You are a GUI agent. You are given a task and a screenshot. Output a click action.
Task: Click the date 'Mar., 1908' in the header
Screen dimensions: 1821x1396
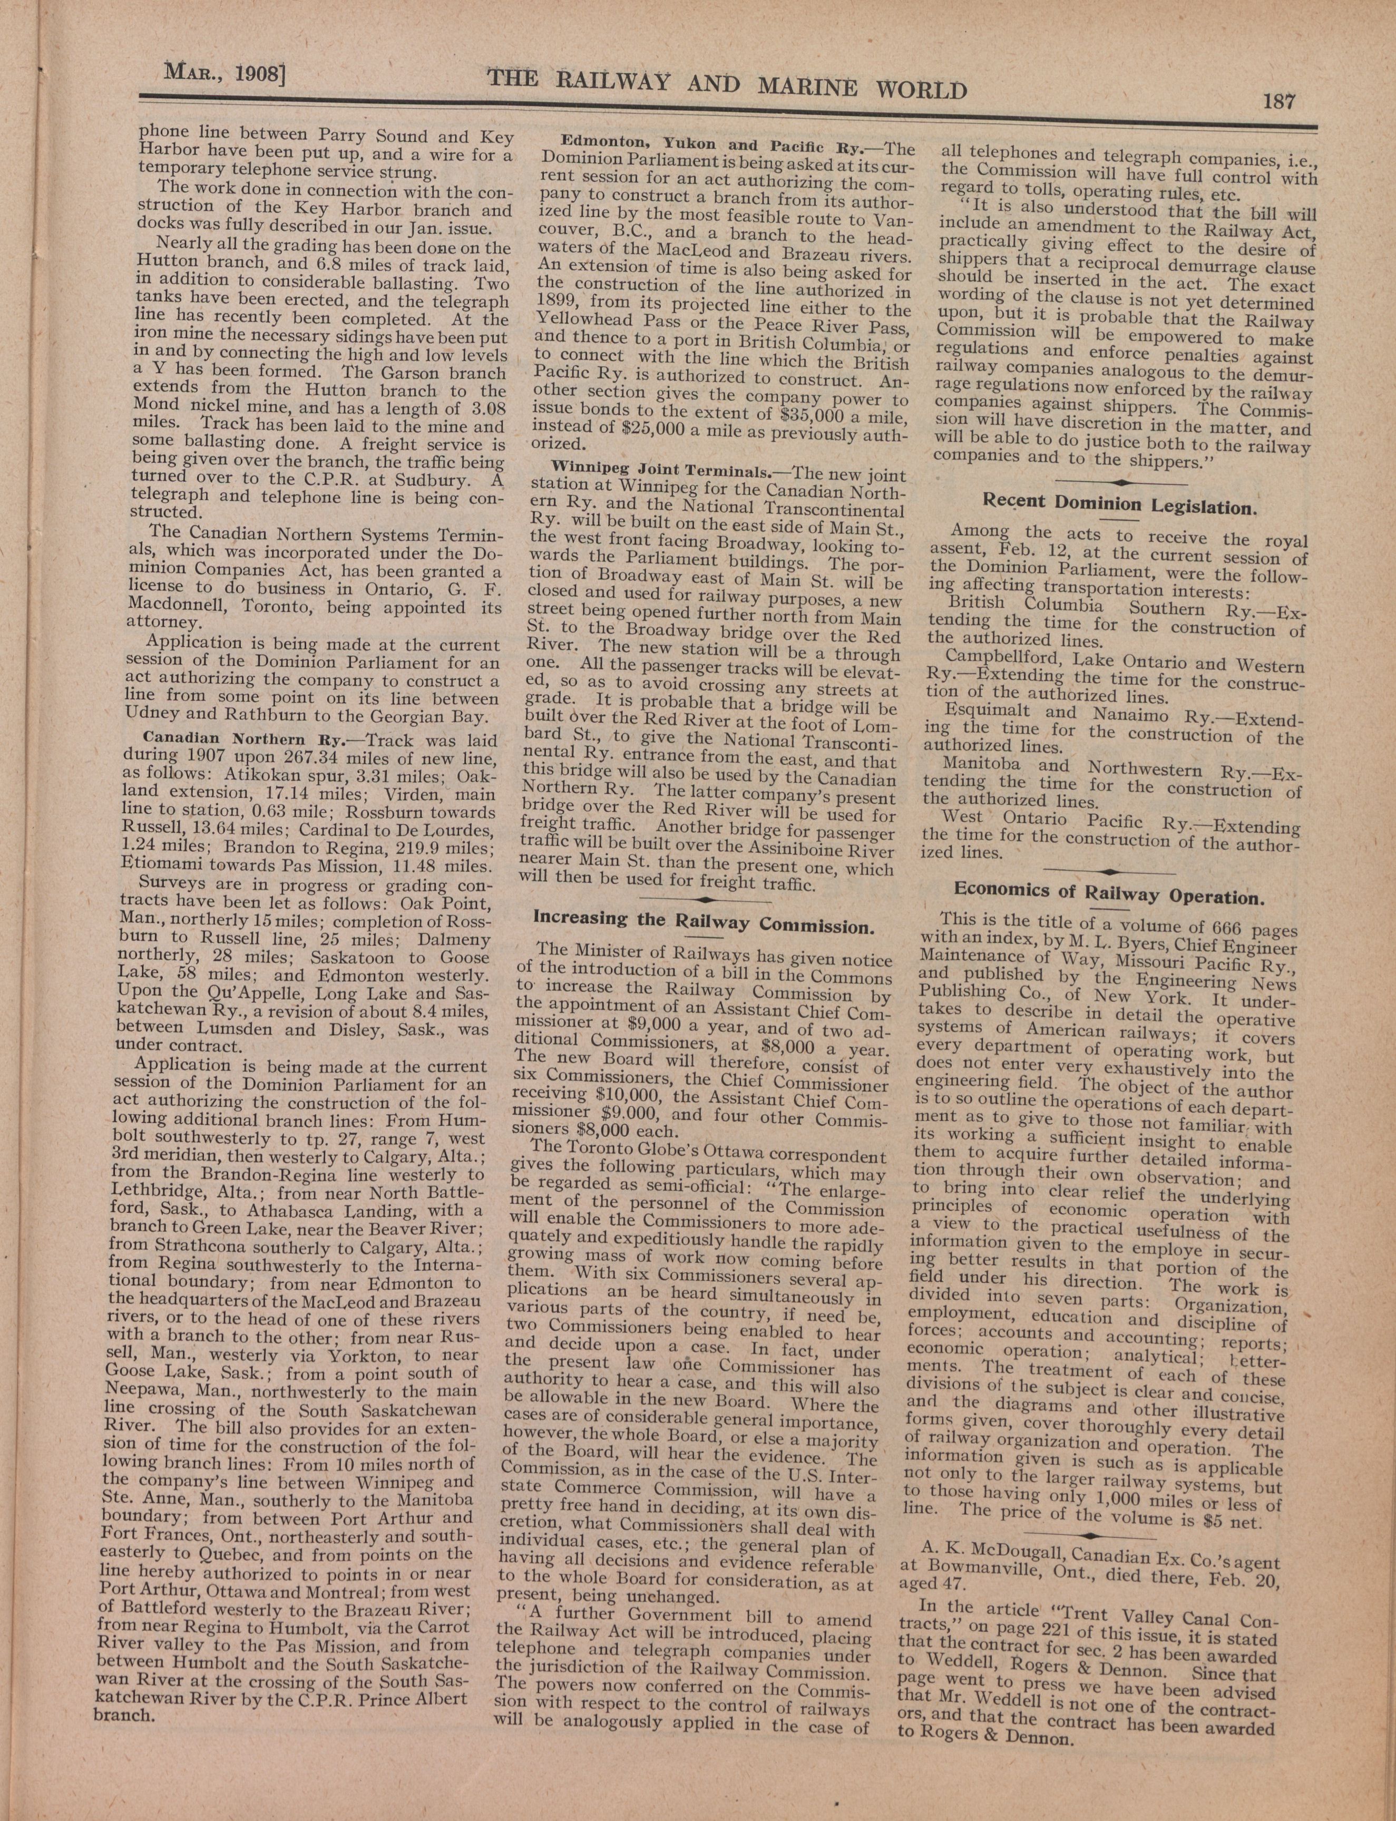coord(224,75)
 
